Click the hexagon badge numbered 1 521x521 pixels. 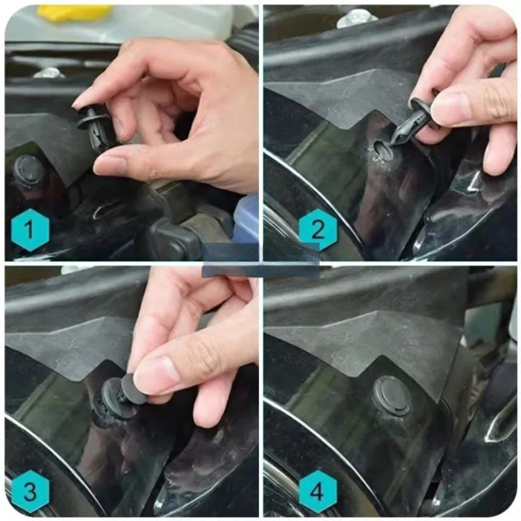click(x=31, y=230)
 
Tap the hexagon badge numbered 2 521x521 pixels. click(x=318, y=230)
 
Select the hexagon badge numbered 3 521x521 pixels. click(x=31, y=490)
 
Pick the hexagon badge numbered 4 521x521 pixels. click(x=318, y=490)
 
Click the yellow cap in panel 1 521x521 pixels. click(x=74, y=13)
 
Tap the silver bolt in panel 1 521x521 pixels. click(x=50, y=72)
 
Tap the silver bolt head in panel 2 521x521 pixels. click(x=357, y=18)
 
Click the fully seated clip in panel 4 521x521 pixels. click(x=391, y=395)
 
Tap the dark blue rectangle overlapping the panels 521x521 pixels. click(x=260, y=260)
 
